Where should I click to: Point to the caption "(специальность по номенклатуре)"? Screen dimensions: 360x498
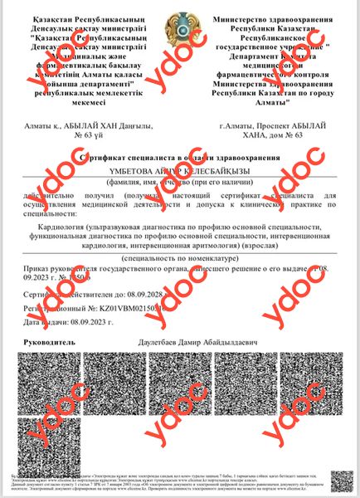pos(180,258)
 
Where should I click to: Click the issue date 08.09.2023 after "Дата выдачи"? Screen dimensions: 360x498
pos(89,321)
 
